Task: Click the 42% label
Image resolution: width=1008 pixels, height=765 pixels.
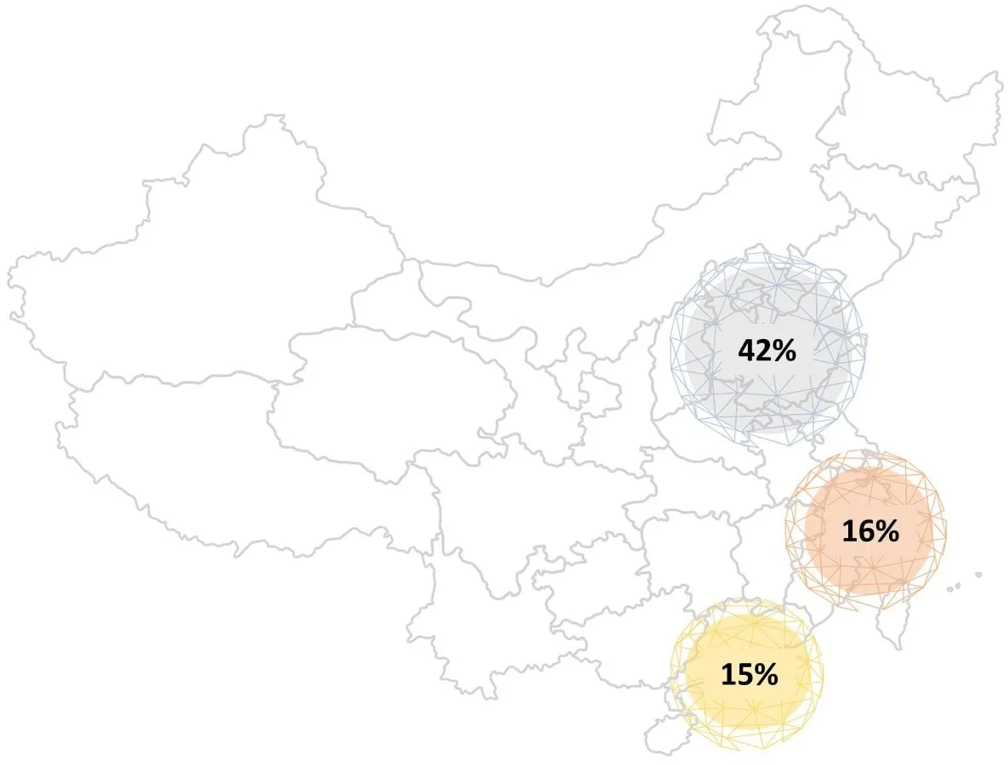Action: pyautogui.click(x=767, y=350)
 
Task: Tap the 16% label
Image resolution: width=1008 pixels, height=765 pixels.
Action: pyautogui.click(x=869, y=531)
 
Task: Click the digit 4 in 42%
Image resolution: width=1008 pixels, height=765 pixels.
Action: pyautogui.click(x=747, y=350)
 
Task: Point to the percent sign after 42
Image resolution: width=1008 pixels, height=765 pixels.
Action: pyautogui.click(x=785, y=350)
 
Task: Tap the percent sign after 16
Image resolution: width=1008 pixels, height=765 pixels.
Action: pyautogui.click(x=887, y=531)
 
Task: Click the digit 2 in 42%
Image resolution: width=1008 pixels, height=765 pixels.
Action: pyautogui.click(x=764, y=350)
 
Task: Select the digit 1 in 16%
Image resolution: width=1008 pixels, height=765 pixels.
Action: pyautogui.click(x=849, y=531)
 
